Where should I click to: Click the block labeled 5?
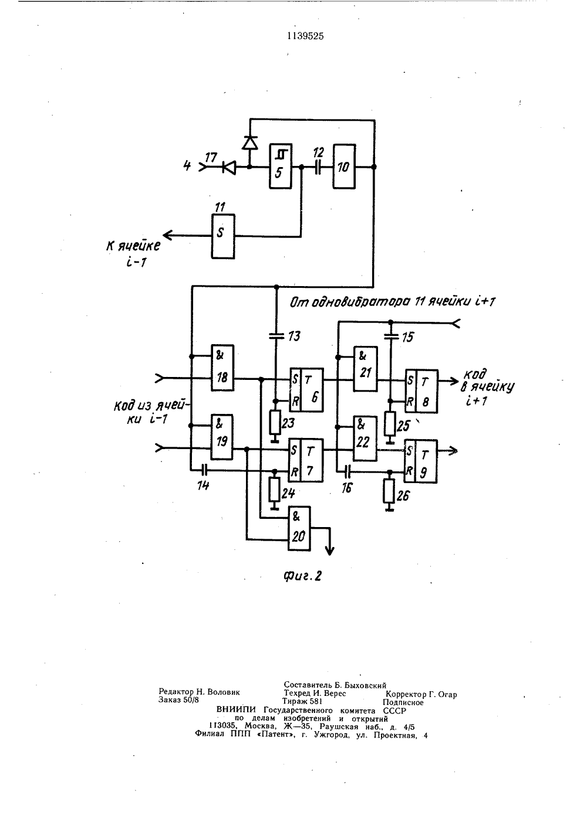(x=280, y=167)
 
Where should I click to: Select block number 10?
(x=344, y=167)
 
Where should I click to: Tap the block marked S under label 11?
(x=223, y=236)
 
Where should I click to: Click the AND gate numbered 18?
(x=222, y=368)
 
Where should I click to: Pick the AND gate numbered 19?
(x=222, y=437)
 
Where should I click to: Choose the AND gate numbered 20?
(x=299, y=528)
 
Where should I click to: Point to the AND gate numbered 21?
(x=365, y=369)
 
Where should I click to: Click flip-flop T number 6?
(x=306, y=390)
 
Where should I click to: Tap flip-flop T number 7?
(x=306, y=460)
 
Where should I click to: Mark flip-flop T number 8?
(x=421, y=391)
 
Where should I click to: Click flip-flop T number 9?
(x=421, y=461)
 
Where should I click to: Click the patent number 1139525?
(x=305, y=36)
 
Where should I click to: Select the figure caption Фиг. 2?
(x=302, y=576)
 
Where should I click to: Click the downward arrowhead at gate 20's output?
(x=330, y=551)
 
